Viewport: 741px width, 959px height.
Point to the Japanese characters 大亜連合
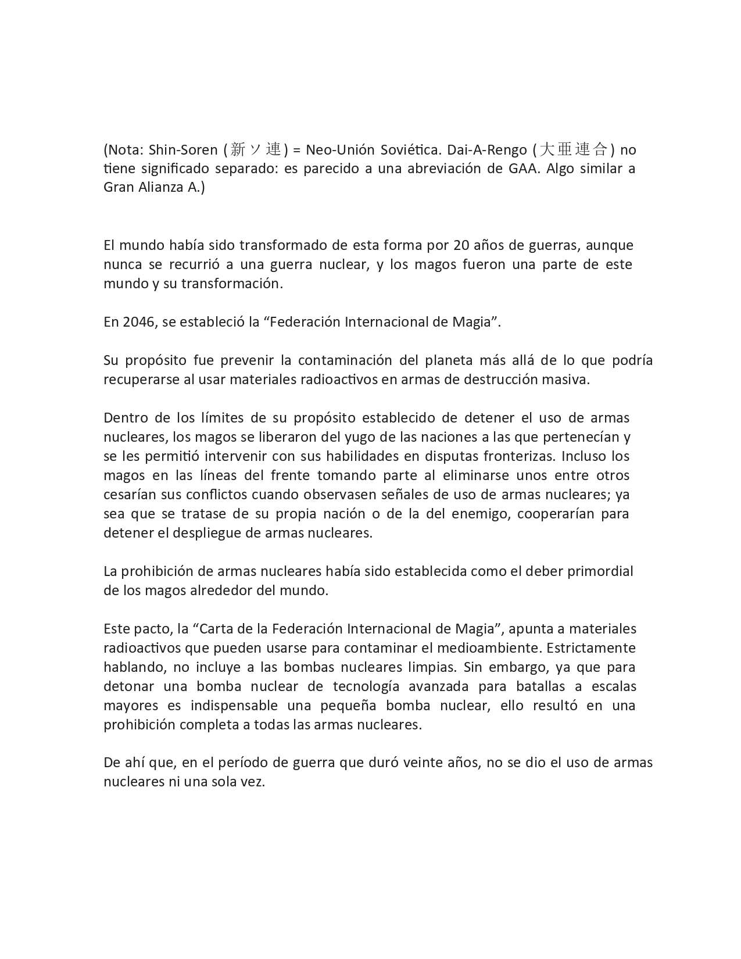tap(573, 150)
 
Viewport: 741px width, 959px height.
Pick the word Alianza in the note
tap(161, 188)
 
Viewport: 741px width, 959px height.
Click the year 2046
tap(138, 322)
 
